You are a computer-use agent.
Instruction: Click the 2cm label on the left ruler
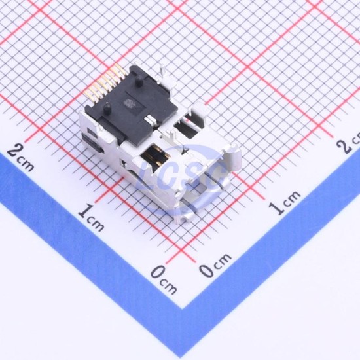20,158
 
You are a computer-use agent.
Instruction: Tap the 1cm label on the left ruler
91,218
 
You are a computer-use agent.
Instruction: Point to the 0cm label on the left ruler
164,280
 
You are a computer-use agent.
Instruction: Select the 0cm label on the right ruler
215,264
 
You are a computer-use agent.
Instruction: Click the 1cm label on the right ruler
285,203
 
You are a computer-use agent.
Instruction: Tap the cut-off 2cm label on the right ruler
348,143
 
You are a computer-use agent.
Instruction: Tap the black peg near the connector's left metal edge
107,107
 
